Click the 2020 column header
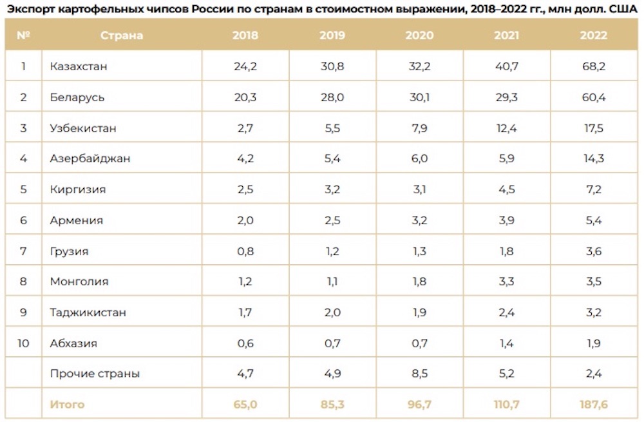point(419,35)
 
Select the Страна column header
point(122,35)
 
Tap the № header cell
point(23,35)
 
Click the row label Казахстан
point(78,66)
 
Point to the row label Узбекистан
point(83,128)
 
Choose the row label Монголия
point(79,282)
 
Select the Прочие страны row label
point(95,374)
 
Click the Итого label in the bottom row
point(67,405)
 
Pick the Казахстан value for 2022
point(593,66)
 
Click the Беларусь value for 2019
point(332,97)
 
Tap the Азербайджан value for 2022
point(593,158)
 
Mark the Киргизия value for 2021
point(506,189)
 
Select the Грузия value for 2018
point(245,251)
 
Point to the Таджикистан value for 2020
point(419,312)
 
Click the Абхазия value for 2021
point(506,343)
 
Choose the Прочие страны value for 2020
point(419,374)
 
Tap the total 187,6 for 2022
point(593,405)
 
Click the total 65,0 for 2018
point(245,405)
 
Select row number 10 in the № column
point(23,343)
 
